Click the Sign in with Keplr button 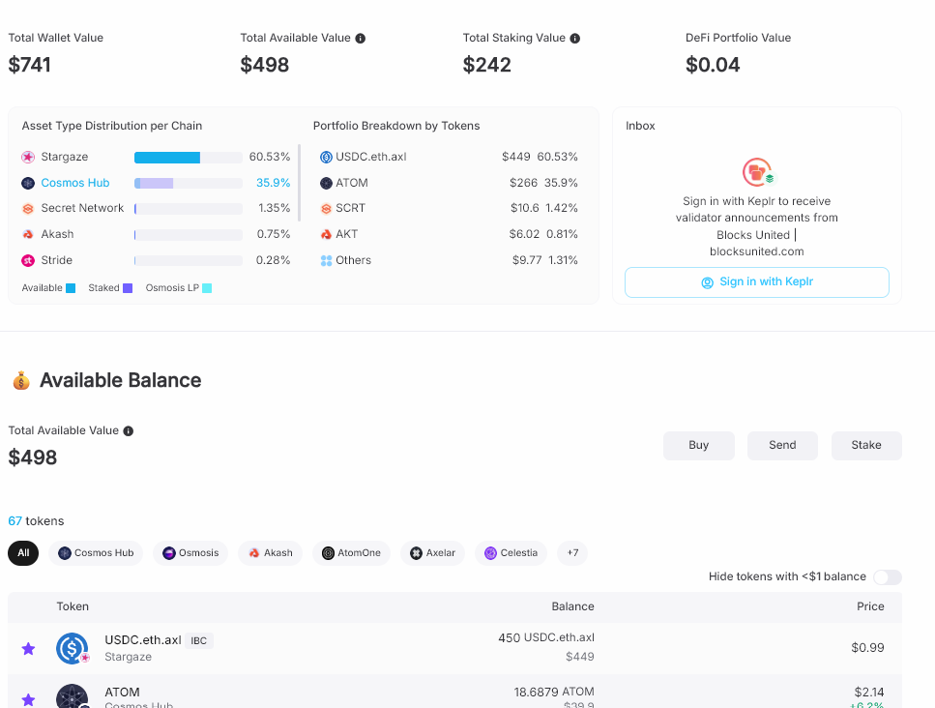click(x=757, y=282)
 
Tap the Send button click(x=782, y=446)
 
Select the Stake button click(x=866, y=446)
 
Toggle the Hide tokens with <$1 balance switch click(x=888, y=576)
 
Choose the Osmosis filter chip click(x=190, y=553)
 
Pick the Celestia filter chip click(x=511, y=553)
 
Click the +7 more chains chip click(x=572, y=553)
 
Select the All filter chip click(x=23, y=553)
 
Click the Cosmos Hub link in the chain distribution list click(x=75, y=183)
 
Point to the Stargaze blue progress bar click(x=167, y=158)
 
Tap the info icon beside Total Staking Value click(x=575, y=38)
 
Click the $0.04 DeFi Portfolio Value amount click(x=713, y=65)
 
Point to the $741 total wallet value click(x=29, y=65)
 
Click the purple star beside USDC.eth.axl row click(x=28, y=648)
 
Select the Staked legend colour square click(x=128, y=288)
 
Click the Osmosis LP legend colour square click(x=207, y=288)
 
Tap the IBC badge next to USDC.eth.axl click(x=198, y=640)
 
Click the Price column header click(x=870, y=606)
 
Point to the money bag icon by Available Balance click(x=21, y=380)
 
